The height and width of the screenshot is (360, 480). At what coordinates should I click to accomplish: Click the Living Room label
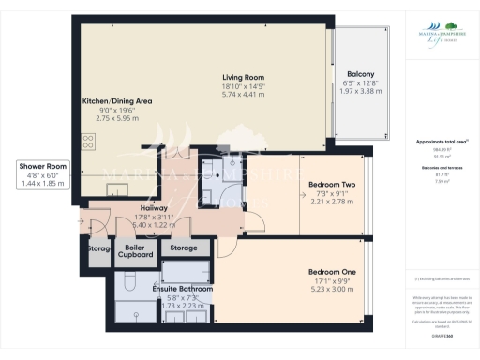[x=243, y=77]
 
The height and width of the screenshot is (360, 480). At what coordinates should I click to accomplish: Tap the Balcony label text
[x=361, y=73]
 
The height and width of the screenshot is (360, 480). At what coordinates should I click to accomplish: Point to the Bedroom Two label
[x=334, y=185]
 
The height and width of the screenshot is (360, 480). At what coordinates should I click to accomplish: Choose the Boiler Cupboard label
[x=134, y=251]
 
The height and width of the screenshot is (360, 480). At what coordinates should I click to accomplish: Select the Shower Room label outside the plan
[x=42, y=165]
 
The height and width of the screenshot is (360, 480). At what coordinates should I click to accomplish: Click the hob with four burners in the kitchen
[x=90, y=143]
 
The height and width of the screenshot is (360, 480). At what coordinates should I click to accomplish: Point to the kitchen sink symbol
[x=114, y=187]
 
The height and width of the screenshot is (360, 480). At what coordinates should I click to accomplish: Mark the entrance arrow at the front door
[x=82, y=222]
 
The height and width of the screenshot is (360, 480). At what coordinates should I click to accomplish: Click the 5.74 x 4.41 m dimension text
[x=243, y=95]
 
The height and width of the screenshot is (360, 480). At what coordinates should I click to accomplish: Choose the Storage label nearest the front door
[x=97, y=249]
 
